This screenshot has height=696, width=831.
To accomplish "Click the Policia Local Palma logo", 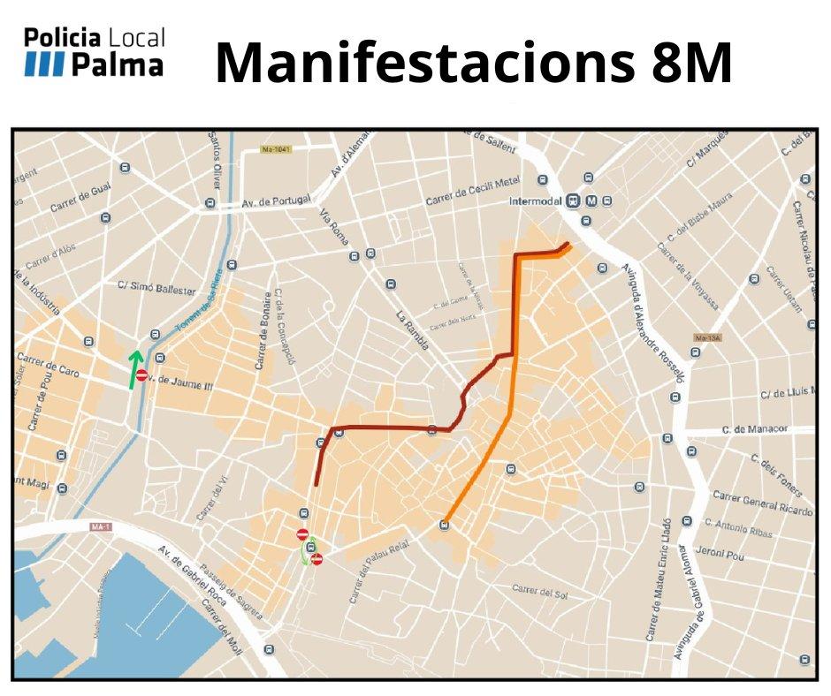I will (94, 52).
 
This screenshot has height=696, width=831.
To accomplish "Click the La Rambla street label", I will (412, 330).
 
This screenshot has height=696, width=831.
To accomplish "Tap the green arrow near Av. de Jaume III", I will (134, 368).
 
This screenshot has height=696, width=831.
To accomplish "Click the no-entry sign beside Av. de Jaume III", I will (141, 375).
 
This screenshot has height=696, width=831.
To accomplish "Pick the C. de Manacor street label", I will (754, 429).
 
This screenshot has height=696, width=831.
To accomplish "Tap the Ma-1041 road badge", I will (276, 150).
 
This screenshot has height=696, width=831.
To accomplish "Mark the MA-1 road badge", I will (101, 527).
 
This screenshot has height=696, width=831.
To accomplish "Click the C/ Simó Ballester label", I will (156, 289).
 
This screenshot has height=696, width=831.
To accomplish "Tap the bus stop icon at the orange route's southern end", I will (444, 526).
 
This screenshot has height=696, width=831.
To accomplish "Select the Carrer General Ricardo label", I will (762, 502).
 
